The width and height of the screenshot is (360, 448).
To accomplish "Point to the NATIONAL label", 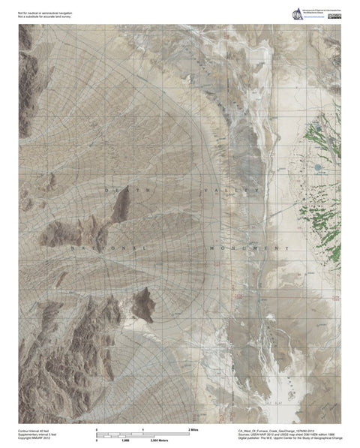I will point(106,247).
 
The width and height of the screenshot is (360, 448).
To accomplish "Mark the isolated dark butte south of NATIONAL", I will point(141,304).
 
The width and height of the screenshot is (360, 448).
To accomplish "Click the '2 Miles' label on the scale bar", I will point(196,428).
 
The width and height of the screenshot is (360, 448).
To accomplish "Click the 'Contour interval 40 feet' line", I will point(36,431).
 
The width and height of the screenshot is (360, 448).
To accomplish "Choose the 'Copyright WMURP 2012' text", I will point(36,440).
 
